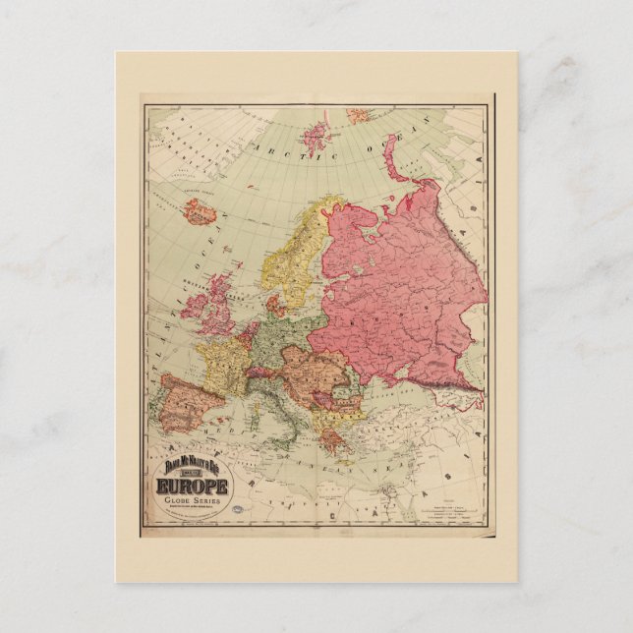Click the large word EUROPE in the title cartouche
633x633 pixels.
pos(192,487)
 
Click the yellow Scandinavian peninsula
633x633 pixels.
pos(295,256)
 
